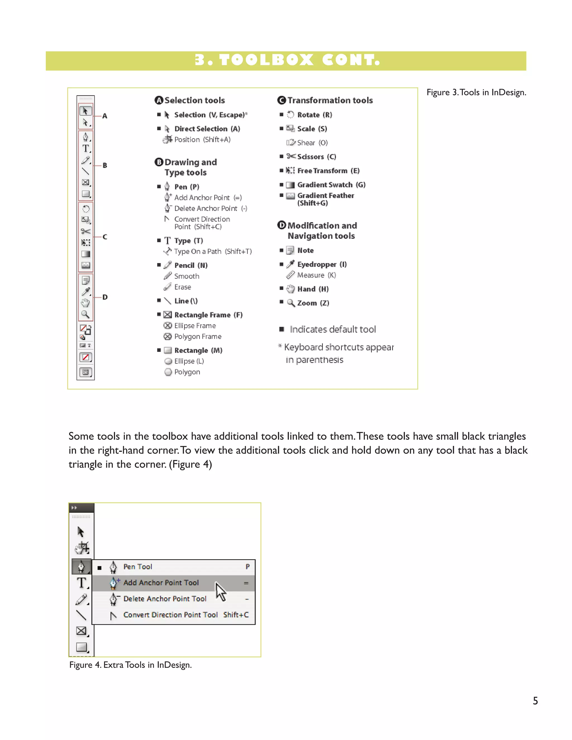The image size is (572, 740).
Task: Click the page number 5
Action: coord(535,701)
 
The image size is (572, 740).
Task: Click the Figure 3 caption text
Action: coord(476,92)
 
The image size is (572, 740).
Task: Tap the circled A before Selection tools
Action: coord(159,100)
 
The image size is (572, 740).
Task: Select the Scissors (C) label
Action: coord(316,157)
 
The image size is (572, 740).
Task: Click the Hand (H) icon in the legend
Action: coord(290,289)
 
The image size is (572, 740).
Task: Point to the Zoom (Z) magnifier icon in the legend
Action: coord(291,303)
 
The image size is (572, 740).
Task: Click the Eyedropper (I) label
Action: coord(322,264)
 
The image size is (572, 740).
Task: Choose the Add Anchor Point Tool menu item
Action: coord(161,583)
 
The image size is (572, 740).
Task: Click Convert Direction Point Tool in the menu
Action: coord(170,615)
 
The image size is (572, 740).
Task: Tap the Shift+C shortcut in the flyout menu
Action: coord(236,615)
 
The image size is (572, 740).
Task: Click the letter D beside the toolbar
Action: coord(105,297)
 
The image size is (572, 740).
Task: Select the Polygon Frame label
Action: coord(197,336)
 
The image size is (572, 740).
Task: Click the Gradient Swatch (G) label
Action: coord(331,185)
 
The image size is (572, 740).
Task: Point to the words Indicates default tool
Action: coord(332,329)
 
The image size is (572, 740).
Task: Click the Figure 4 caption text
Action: coord(130,665)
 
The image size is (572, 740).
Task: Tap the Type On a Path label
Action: coord(213,251)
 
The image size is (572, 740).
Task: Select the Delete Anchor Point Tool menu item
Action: coord(165,599)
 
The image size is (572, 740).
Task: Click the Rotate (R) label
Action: coord(314,115)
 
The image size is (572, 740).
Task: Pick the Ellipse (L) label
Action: coord(189,361)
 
